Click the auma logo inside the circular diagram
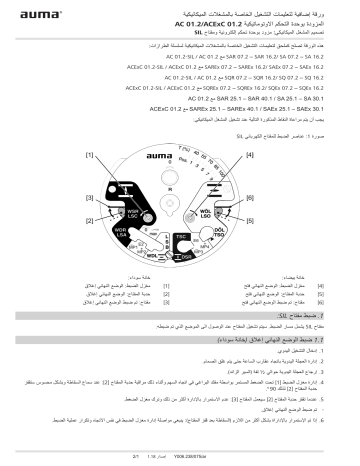click(x=179, y=157)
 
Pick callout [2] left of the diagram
click(x=89, y=219)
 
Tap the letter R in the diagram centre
click(x=181, y=203)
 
